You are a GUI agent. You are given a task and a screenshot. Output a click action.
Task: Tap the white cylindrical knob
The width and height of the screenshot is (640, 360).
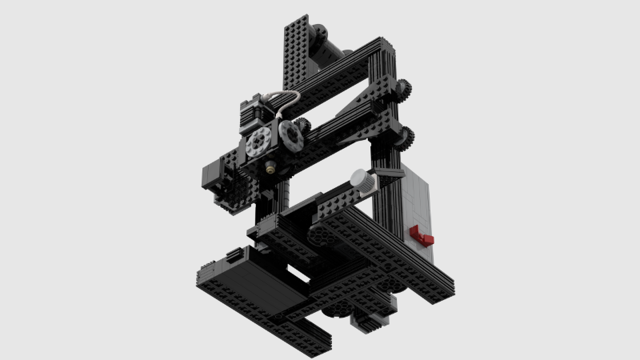pyautogui.click(x=362, y=181)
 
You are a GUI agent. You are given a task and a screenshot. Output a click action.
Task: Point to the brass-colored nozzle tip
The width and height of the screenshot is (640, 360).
pyautogui.click(x=272, y=168)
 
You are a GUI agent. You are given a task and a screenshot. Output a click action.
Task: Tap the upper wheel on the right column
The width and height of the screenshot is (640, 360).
pyautogui.click(x=402, y=90)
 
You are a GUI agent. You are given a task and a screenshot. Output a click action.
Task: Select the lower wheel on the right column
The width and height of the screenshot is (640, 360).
pyautogui.click(x=406, y=138)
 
